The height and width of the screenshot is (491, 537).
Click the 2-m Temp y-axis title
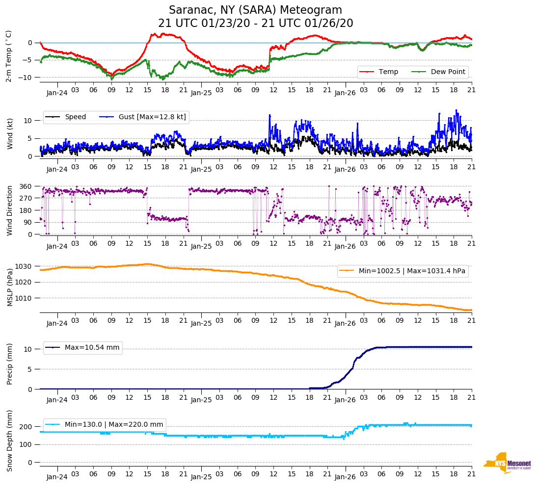[x=9, y=56]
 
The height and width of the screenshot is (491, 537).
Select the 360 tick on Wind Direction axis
[x=26, y=186]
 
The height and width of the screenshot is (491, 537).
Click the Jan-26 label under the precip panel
[x=345, y=400]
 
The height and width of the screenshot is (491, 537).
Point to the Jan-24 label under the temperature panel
[x=57, y=92]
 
